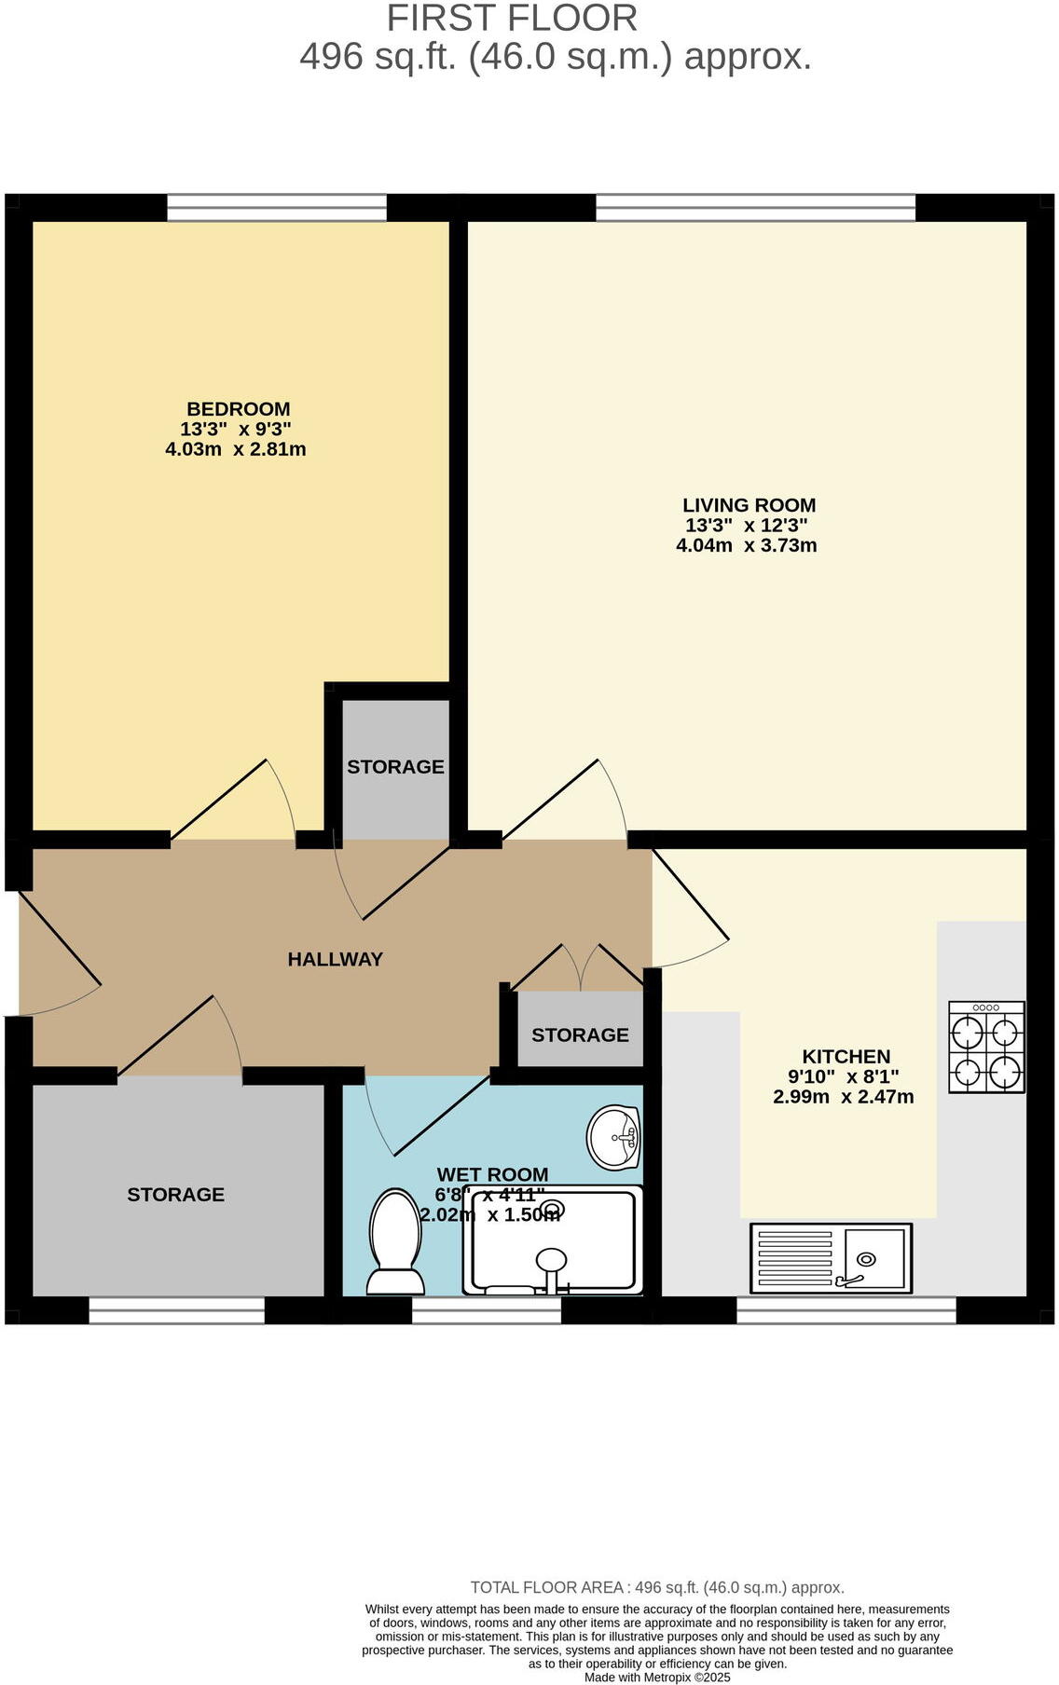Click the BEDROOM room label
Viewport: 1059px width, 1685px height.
(239, 409)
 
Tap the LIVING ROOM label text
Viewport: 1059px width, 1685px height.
(749, 505)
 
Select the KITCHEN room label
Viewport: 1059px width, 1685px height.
(846, 1057)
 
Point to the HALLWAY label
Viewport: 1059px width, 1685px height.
(335, 959)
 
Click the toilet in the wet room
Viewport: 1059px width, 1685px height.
(396, 1242)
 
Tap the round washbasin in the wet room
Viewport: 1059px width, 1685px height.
(614, 1137)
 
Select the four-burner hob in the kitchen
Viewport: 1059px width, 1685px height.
(986, 1047)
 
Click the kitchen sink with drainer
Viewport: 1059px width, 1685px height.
(831, 1258)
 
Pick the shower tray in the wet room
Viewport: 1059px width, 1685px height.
(554, 1241)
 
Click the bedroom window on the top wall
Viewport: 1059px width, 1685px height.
(276, 207)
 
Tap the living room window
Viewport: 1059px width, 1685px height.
(755, 207)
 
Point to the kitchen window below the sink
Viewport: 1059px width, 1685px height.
(846, 1309)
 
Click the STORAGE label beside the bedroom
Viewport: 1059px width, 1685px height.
(395, 767)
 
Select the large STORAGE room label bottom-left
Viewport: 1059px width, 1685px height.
(175, 1195)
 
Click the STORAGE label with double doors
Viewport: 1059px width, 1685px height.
(580, 1035)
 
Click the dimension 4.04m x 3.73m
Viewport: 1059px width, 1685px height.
(746, 546)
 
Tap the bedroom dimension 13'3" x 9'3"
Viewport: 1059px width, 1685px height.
(236, 430)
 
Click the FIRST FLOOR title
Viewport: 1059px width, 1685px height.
(512, 19)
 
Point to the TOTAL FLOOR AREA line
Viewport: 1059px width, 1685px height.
(657, 1587)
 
